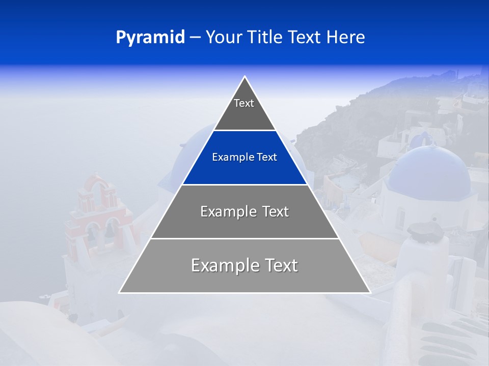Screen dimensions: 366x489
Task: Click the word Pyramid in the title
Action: coord(150,38)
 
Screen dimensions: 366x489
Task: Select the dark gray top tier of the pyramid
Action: coord(244,114)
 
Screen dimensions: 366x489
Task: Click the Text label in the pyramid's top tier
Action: coord(244,103)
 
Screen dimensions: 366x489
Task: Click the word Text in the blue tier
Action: coord(267,158)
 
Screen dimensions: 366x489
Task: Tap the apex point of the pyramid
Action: coord(245,77)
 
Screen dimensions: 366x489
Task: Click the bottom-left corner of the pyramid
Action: coord(120,292)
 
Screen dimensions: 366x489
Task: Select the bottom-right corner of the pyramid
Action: coord(370,292)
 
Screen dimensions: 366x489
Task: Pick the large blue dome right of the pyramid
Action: coord(429,168)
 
